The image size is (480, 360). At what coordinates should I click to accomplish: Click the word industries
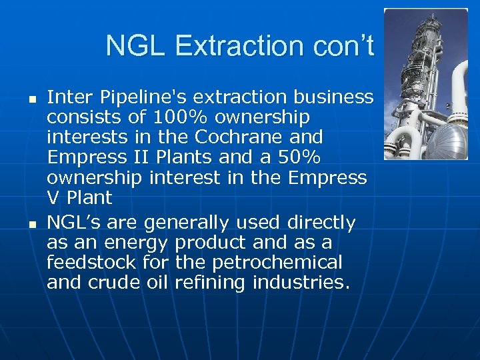click(x=301, y=282)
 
